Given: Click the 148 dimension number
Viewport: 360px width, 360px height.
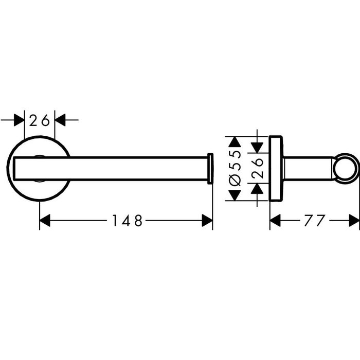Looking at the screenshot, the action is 128,221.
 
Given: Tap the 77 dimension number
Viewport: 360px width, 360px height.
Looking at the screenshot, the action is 315,221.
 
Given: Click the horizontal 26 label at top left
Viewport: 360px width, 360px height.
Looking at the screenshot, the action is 40,120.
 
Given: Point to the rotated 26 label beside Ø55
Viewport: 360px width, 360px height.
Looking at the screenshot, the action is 257,168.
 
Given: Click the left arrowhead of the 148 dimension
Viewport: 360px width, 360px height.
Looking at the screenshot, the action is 45,221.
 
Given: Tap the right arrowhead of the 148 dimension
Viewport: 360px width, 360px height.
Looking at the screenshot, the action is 207,221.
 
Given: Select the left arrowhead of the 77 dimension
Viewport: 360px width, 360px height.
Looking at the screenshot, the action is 275,221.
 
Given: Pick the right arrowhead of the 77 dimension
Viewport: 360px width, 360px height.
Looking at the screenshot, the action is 354,221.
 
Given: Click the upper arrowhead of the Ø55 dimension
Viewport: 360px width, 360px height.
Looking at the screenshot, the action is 235,142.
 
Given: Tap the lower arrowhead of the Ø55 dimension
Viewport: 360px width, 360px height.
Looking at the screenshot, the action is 235,195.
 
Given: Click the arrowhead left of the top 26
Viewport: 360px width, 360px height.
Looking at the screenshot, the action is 19,120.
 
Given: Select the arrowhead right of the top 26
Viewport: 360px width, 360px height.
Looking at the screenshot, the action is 60,120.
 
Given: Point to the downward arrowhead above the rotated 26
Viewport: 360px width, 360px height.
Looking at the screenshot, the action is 257,148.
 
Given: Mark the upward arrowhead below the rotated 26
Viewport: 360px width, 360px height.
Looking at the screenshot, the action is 257,189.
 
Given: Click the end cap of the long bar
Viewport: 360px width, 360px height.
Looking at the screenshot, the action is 210,169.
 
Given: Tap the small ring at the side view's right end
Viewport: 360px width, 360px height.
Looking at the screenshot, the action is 346,168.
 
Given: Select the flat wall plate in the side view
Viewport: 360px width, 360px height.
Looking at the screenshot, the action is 276,169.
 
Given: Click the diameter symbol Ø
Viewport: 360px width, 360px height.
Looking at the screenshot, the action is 235,181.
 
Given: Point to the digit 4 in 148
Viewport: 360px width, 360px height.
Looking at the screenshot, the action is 127,221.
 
